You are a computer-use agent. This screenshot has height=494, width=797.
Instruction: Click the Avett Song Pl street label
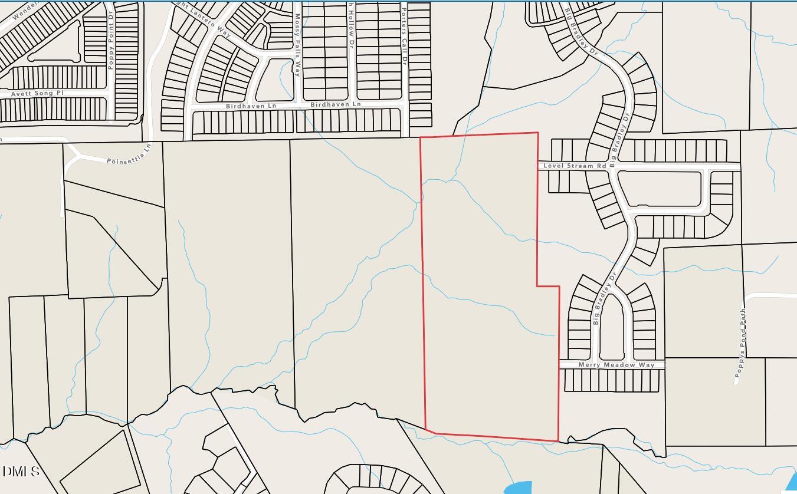click(37, 94)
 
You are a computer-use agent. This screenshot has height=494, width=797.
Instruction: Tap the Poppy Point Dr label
click(110, 47)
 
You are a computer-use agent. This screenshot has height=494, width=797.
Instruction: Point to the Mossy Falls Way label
click(298, 45)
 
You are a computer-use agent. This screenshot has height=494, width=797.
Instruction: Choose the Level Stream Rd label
click(574, 166)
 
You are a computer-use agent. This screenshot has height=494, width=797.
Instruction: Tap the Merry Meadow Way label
click(616, 365)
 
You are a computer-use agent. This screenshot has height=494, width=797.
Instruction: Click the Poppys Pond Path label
click(740, 342)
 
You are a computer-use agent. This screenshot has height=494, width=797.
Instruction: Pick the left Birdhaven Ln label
click(251, 106)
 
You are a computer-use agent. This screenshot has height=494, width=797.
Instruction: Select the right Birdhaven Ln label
click(335, 104)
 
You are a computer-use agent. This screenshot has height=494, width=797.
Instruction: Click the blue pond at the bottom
click(519, 488)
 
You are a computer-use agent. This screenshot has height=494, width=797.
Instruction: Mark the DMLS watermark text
click(21, 472)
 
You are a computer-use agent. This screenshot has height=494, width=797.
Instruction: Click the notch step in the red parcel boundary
click(548, 286)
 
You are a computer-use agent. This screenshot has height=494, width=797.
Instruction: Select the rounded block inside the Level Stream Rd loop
click(663, 189)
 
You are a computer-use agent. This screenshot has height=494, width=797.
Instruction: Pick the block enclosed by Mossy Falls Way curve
click(275, 80)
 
